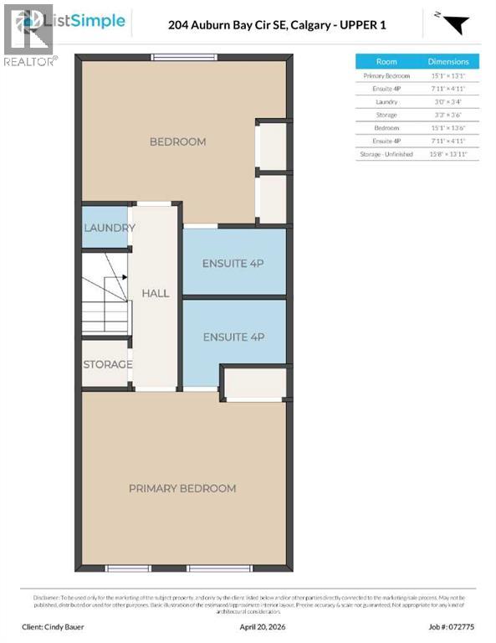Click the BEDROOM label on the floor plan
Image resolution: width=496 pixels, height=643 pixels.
[x=177, y=141]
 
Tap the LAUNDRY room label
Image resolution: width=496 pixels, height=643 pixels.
[x=109, y=228]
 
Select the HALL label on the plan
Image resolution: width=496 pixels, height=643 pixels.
[x=155, y=293]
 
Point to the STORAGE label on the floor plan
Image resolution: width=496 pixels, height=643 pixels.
[x=107, y=364]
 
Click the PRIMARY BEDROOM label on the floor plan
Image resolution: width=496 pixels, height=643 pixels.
[x=182, y=488]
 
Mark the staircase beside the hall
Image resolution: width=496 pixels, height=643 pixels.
[x=106, y=293]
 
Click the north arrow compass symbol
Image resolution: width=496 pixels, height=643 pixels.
[x=450, y=23]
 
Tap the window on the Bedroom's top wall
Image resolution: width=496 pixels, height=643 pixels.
[x=177, y=57]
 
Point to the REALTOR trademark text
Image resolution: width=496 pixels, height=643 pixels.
[x=31, y=61]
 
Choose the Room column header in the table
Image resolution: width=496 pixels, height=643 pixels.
[x=386, y=61]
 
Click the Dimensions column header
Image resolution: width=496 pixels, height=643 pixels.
[x=449, y=61]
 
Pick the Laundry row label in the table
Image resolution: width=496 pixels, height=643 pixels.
[x=386, y=101]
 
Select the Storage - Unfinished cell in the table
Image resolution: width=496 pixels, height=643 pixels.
[x=386, y=154]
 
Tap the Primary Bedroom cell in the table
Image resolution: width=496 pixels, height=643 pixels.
[x=386, y=75]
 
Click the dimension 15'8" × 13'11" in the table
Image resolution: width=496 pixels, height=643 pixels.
[x=449, y=154]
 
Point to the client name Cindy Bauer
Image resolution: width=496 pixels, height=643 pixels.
[x=66, y=626]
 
